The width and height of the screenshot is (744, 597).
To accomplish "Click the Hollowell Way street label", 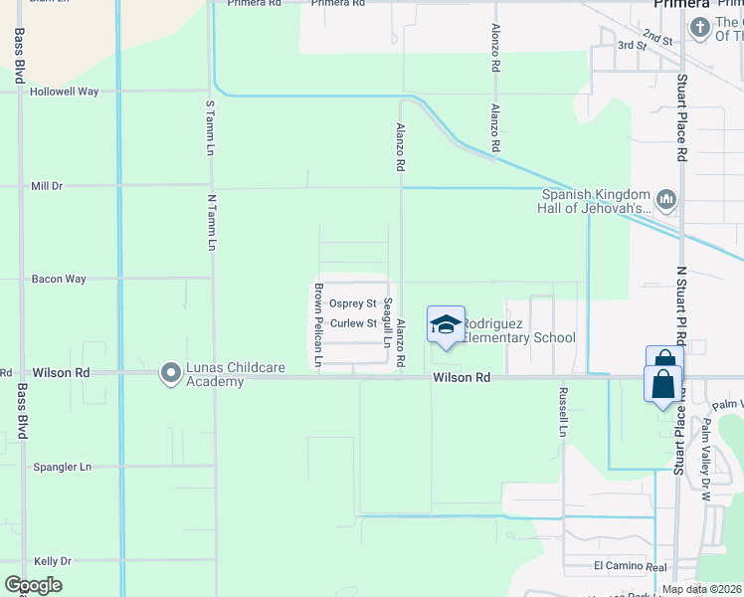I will click(x=64, y=92).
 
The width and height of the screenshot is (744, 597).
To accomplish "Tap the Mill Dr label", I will click(x=47, y=186).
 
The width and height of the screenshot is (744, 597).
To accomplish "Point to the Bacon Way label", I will click(x=59, y=280).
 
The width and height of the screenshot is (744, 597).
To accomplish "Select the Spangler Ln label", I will click(x=62, y=467).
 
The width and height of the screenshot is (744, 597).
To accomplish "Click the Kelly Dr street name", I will click(x=53, y=561).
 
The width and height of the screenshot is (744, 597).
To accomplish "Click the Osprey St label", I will click(x=353, y=303).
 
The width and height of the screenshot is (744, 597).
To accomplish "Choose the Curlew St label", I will click(x=353, y=323).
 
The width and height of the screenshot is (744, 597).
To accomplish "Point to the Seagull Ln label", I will click(x=388, y=322).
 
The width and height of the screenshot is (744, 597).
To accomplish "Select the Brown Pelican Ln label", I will click(x=318, y=325).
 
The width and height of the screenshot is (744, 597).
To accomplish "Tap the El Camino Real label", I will click(x=630, y=566).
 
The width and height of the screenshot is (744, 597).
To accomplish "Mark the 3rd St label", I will click(x=632, y=46).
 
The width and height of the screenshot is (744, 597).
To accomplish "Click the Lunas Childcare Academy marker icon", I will click(x=171, y=373).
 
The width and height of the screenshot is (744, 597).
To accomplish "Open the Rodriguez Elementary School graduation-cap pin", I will click(x=447, y=324).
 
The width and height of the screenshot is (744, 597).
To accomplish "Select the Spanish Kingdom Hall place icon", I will click(x=666, y=201).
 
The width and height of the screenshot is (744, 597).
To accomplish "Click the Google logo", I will click(x=33, y=585).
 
